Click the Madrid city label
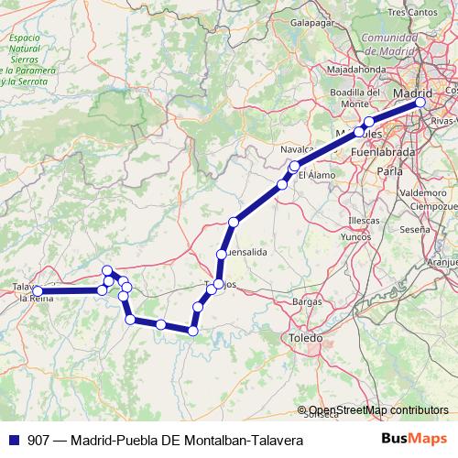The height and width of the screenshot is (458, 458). tap(412, 93)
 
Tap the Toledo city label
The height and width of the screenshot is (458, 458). tap(306, 338)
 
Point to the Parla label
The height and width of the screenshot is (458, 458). tap(389, 171)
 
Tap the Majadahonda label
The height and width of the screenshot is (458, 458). tap(357, 69)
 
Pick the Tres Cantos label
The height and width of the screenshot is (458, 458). tap(409, 12)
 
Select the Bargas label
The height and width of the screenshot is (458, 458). tap(306, 300)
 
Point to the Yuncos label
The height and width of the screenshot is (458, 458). tap(354, 235)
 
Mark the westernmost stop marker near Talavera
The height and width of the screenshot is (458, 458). tap(38, 291)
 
